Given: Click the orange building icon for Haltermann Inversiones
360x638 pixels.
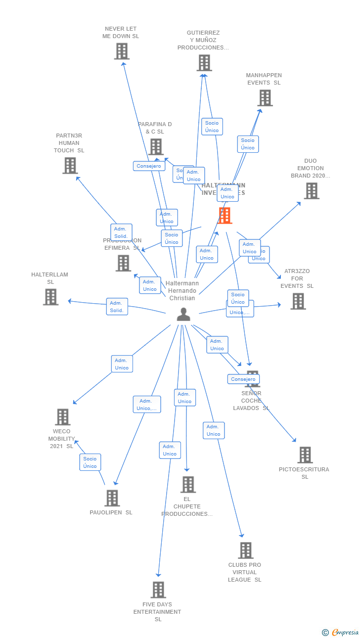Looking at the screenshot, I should (x=225, y=216).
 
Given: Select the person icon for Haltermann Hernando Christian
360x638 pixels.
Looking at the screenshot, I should (x=183, y=315).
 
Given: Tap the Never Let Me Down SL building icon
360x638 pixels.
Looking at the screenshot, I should (x=122, y=51).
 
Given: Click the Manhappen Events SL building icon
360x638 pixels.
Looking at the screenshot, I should (x=265, y=98).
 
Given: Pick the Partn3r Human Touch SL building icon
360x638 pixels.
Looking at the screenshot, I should (x=70, y=166).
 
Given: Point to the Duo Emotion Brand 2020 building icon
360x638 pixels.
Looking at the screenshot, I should (x=311, y=191).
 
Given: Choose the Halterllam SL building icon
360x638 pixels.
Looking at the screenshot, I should (x=51, y=297).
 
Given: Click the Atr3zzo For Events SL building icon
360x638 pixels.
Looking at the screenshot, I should (x=298, y=301).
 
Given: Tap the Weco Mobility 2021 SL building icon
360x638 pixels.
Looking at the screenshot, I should (x=63, y=417).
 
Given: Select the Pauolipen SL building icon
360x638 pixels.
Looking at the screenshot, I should (x=112, y=498).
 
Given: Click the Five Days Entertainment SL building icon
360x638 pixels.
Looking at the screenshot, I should (x=158, y=590).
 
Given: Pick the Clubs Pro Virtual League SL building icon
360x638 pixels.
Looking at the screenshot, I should (x=245, y=550).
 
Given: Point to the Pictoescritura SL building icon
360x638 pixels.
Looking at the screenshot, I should (x=305, y=455).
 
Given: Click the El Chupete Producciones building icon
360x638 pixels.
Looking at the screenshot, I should (x=188, y=485).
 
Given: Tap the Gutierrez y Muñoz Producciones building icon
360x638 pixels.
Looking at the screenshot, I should (x=204, y=63).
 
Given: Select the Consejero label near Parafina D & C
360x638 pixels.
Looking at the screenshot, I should (x=149, y=166).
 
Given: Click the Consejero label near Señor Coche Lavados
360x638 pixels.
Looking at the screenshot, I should (x=243, y=379).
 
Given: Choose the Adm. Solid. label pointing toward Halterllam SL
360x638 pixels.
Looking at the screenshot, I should (x=117, y=307).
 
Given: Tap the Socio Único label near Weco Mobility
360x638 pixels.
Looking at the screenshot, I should (x=90, y=462).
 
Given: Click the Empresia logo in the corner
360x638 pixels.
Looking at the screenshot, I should (x=341, y=632).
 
